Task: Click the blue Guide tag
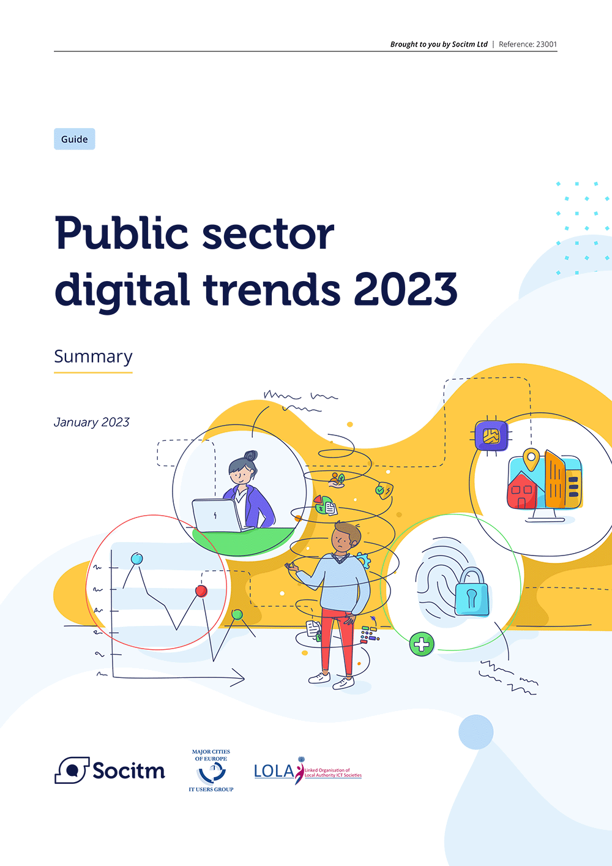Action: [x=75, y=139]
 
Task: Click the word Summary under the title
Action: [x=93, y=356]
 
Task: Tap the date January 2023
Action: [x=92, y=422]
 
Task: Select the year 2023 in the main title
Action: [x=406, y=289]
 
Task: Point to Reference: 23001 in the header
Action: [x=528, y=44]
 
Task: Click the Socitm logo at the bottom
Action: [x=110, y=770]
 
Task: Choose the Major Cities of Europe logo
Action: [x=211, y=770]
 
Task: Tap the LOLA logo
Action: [x=308, y=771]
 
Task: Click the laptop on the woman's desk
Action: [x=217, y=516]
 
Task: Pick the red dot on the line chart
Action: [x=201, y=591]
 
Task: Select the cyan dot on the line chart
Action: [x=137, y=559]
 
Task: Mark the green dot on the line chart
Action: [x=237, y=614]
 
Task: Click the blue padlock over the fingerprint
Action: [x=472, y=593]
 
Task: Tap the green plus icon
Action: [x=422, y=644]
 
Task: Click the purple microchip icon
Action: [x=491, y=436]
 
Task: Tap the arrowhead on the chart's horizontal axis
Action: [x=239, y=678]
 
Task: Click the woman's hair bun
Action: [x=251, y=456]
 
